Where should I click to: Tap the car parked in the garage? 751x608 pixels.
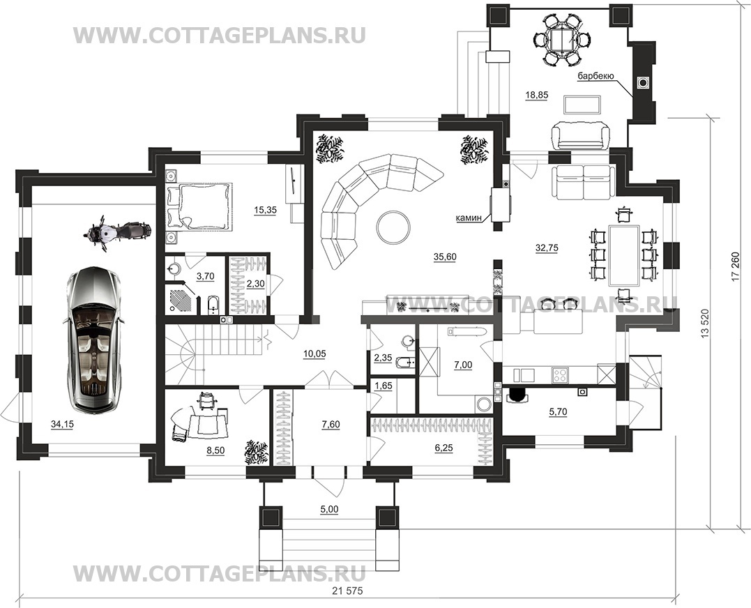click(x=93, y=340)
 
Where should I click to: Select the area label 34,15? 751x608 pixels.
click(x=61, y=423)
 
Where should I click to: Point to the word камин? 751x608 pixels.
click(x=469, y=218)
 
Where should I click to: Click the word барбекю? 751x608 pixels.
click(x=596, y=75)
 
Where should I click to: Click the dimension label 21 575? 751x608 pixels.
click(x=347, y=591)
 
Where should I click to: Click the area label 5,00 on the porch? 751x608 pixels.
click(x=329, y=510)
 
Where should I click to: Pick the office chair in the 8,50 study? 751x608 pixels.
click(x=206, y=400)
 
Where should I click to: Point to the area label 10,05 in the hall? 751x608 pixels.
click(x=314, y=354)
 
